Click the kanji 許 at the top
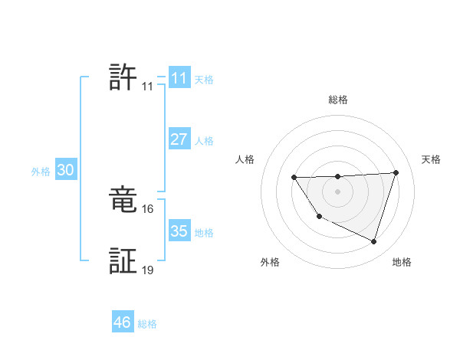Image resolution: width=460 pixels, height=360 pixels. (123, 77)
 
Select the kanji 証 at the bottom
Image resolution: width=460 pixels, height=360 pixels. (123, 261)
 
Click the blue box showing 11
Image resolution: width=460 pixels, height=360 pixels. (179, 78)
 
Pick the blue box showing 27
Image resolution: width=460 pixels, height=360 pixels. (179, 139)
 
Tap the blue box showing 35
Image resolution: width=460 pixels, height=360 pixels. (179, 231)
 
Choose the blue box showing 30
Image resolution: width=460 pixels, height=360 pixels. (65, 171)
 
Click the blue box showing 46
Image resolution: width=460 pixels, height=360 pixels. (122, 322)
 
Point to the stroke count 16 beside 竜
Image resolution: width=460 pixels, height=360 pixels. (148, 208)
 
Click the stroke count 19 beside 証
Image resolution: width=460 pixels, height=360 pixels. (148, 270)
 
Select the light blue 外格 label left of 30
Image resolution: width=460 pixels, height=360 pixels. (41, 172)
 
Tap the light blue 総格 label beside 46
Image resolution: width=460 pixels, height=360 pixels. (147, 324)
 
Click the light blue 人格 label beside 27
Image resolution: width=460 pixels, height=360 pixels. (204, 141)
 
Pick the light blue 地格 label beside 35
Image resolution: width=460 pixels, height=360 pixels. (204, 233)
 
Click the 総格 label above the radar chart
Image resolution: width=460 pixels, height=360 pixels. (337, 100)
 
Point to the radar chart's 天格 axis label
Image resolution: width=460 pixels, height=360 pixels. (431, 159)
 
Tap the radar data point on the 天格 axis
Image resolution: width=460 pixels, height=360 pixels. (396, 172)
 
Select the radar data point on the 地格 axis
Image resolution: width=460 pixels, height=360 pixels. (373, 241)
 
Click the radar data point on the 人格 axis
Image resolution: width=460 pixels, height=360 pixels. (294, 178)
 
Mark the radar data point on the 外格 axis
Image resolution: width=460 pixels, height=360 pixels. (319, 217)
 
